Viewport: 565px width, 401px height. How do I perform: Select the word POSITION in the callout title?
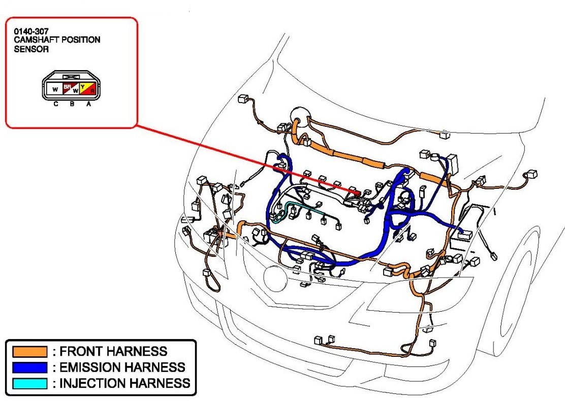[81, 40]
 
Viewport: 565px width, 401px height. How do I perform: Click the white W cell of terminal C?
[54, 90]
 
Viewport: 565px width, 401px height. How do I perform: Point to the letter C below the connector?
[55, 104]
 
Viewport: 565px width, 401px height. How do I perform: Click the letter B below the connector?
[72, 104]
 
